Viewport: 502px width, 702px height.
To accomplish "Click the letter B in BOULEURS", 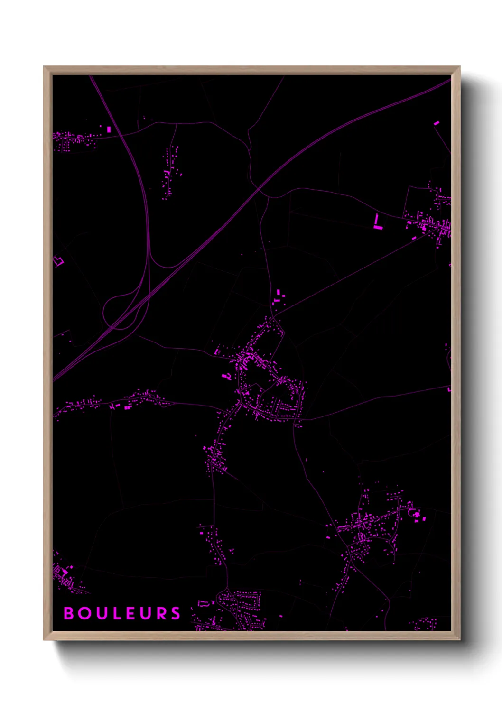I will click(x=69, y=613).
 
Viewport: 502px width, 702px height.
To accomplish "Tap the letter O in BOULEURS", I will click(x=85, y=613).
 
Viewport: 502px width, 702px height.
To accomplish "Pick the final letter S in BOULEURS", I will click(x=176, y=613).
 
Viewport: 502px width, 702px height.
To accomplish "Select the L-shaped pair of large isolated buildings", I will click(x=377, y=223).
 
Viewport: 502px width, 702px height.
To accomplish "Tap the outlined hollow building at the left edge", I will click(x=58, y=261).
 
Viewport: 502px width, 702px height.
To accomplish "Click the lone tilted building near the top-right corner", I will click(x=437, y=123).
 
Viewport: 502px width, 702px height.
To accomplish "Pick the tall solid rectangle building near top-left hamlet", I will click(x=109, y=129).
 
